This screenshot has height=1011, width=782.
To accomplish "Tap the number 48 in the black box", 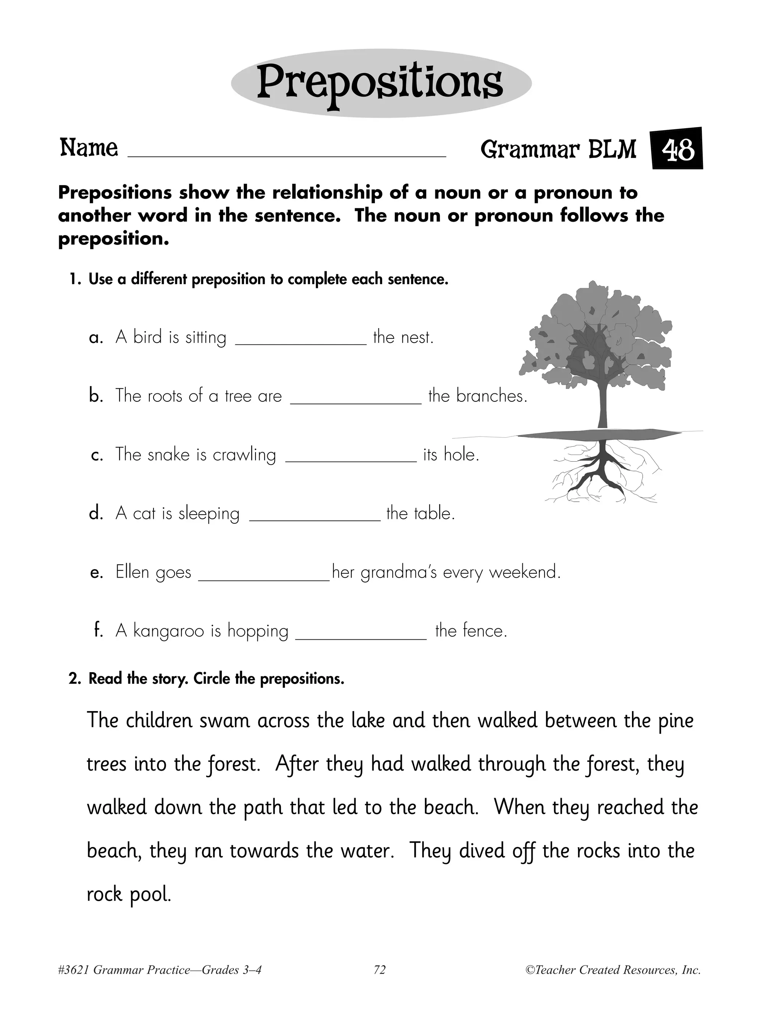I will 677,150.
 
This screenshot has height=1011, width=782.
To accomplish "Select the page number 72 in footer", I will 380,970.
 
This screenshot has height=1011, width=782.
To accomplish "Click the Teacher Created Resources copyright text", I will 613,970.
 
